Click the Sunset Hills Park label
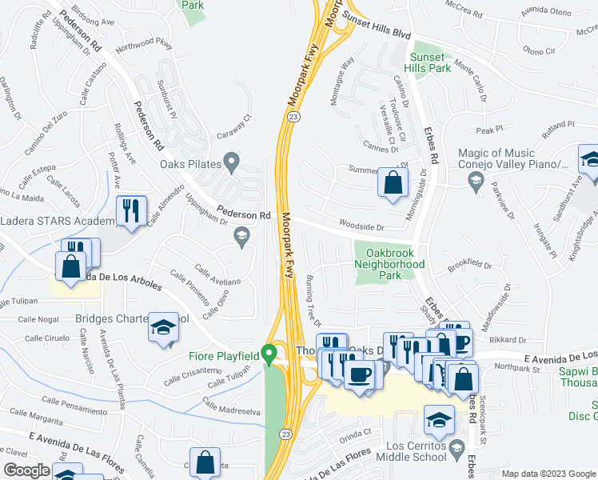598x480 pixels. [430, 62]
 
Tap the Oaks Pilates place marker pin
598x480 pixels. [232, 164]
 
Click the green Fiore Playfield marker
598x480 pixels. [270, 353]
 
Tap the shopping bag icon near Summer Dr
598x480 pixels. [393, 182]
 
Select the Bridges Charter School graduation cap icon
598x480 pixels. [164, 328]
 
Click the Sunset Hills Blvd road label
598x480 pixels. [377, 25]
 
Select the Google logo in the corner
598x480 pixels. [27, 470]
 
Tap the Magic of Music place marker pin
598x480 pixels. [476, 181]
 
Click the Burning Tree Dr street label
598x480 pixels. [313, 298]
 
